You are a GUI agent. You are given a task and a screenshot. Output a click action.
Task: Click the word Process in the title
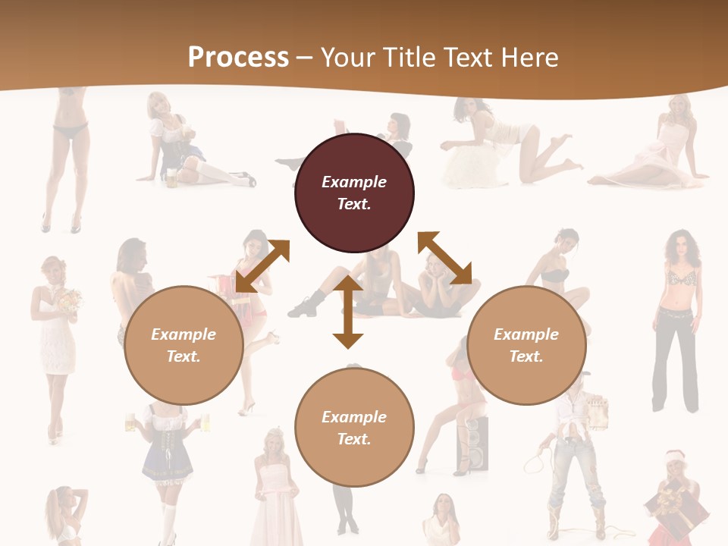(238, 57)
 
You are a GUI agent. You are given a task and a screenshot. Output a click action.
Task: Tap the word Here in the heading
(529, 57)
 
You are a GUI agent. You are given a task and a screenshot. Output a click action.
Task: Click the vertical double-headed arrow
(348, 312)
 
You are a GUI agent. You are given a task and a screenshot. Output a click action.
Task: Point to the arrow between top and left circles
(262, 265)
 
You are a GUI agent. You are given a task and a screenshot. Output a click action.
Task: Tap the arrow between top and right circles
(444, 258)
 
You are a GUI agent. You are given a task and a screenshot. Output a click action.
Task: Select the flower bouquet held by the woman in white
(71, 302)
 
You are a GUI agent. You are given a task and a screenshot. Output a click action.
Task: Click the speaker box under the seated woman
(472, 444)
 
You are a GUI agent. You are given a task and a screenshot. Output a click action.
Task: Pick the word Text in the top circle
(353, 204)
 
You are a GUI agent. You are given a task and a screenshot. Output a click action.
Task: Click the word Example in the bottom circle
(354, 416)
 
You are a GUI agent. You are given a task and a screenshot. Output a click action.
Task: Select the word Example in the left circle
(184, 334)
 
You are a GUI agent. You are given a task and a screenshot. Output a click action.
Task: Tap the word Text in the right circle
(526, 356)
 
